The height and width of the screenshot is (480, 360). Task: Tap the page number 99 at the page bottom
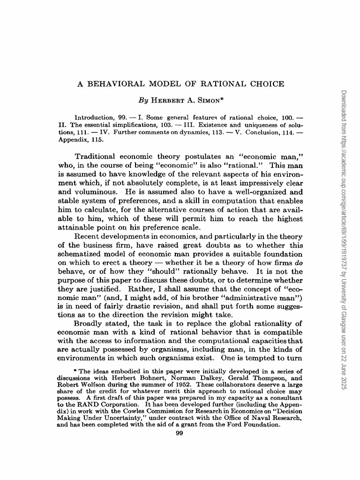179,433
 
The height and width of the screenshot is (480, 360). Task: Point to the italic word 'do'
298,263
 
